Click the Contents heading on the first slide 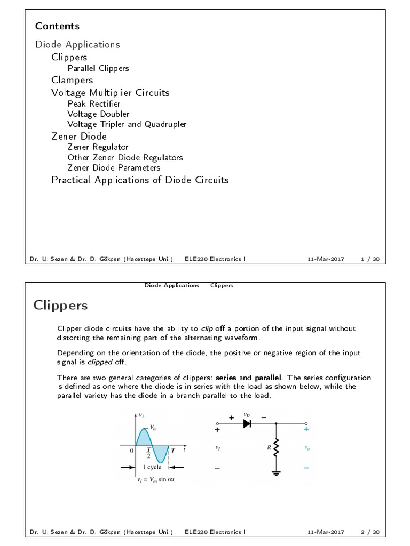coord(57,26)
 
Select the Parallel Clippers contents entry coord(98,68)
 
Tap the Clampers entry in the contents coord(72,80)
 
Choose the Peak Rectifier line coord(93,103)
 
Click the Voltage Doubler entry coord(98,114)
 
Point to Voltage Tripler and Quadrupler coord(127,124)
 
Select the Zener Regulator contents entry coord(98,147)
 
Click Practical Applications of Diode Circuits coord(140,180)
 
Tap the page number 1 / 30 coord(370,259)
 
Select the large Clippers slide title coord(60,306)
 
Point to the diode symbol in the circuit coord(247,424)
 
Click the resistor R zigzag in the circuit coord(276,448)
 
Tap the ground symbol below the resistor coord(276,473)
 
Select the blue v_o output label coord(306,448)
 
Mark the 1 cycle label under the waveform coord(151,467)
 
